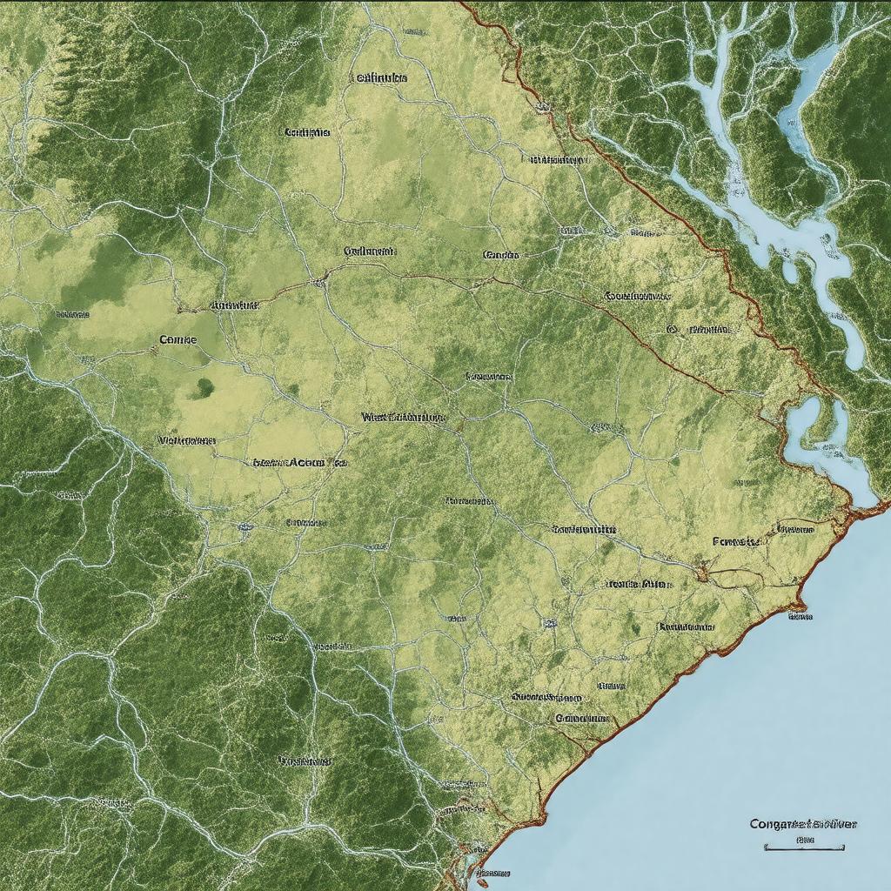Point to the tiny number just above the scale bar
point(803,840)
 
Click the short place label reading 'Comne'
point(178,339)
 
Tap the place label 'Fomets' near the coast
point(736,541)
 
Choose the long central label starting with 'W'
point(403,417)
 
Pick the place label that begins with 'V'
point(186,440)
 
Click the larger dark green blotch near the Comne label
point(205,386)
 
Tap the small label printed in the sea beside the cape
point(800,616)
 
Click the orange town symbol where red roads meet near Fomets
point(701,573)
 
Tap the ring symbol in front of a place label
point(672,330)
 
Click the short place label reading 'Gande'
point(500,256)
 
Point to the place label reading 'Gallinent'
point(370,251)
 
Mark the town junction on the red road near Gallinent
point(320,280)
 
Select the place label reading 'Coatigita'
point(306,133)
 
